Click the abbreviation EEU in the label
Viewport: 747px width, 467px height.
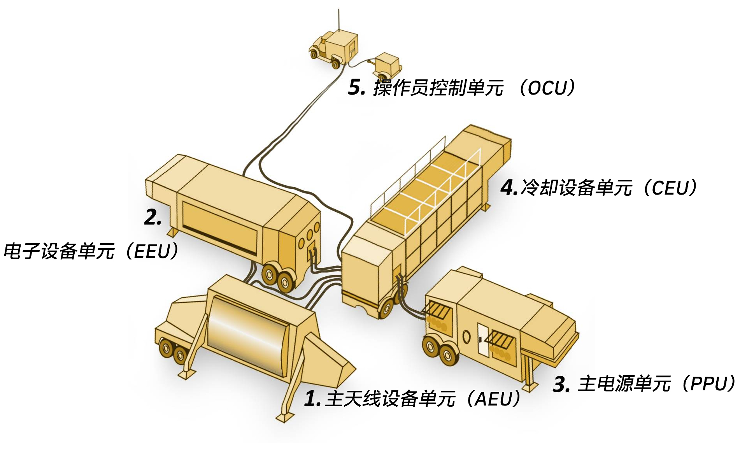152,252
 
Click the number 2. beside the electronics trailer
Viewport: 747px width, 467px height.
153,217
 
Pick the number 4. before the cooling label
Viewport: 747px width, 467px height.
509,188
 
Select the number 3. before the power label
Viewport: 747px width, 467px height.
561,384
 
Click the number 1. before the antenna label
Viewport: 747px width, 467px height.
312,399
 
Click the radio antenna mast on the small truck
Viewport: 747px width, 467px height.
338,19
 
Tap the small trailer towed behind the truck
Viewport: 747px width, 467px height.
387,64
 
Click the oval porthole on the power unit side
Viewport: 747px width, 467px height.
466,337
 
